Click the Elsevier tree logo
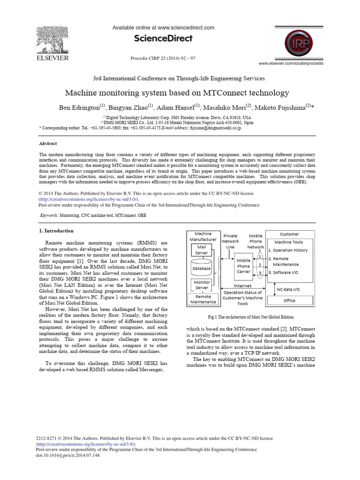(x=52, y=39)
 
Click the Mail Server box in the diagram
(x=202, y=250)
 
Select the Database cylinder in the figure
(x=202, y=269)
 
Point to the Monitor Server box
(x=202, y=285)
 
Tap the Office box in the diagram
(x=289, y=300)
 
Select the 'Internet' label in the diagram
(x=242, y=285)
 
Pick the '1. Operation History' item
(x=288, y=250)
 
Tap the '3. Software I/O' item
(x=285, y=272)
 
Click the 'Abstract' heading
(x=48, y=144)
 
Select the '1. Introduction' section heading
(x=56, y=231)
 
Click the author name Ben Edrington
(x=81, y=107)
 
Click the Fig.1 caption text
(x=247, y=317)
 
